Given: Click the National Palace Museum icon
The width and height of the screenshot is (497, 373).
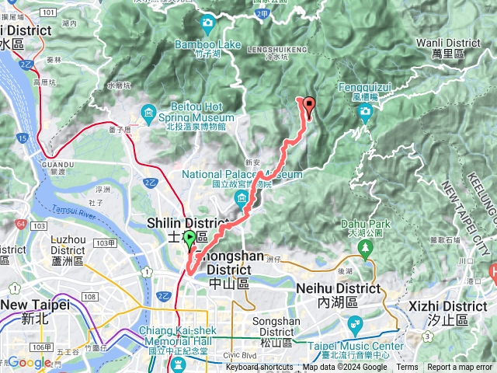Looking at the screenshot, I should click(x=241, y=199).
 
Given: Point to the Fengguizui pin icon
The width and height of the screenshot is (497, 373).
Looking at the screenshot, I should click(x=365, y=114).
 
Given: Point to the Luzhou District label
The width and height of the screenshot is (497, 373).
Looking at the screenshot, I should click(x=68, y=246).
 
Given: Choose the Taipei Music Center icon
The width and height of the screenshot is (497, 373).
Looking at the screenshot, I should click(x=355, y=325).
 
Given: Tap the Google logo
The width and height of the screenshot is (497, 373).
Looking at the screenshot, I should click(x=29, y=362).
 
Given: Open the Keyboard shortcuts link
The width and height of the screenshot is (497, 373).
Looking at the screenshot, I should click(x=259, y=368).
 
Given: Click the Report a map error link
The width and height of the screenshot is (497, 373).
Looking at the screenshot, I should click(x=461, y=368).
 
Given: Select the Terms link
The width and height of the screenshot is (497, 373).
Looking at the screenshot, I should click(x=407, y=368).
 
